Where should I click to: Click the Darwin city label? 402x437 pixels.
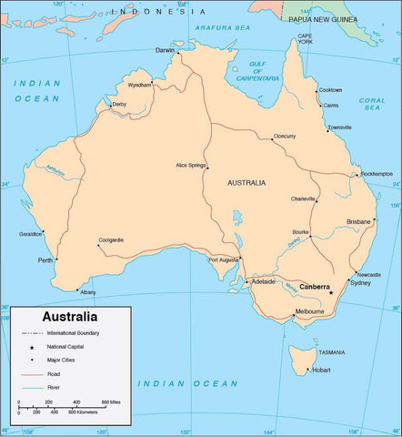pyautogui.click(x=165, y=50)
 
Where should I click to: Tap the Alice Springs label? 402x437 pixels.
pyautogui.click(x=191, y=165)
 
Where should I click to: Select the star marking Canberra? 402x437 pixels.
pyautogui.click(x=331, y=293)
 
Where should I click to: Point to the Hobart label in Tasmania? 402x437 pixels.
pyautogui.click(x=323, y=370)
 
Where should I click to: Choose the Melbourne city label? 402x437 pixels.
pyautogui.click(x=308, y=312)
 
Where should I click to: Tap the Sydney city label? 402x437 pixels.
pyautogui.click(x=360, y=283)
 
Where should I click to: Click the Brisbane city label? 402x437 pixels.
pyautogui.click(x=359, y=222)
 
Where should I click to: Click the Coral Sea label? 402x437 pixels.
pyautogui.click(x=371, y=104)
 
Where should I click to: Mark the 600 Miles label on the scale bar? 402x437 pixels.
pyautogui.click(x=111, y=401)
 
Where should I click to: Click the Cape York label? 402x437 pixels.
pyautogui.click(x=305, y=39)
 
